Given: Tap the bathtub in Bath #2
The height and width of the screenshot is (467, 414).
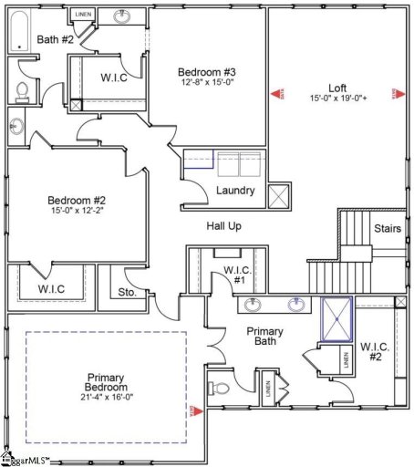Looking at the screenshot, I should [18, 33].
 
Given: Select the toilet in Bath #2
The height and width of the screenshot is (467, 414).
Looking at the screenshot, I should [23, 90].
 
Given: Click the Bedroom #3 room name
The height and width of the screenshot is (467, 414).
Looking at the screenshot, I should [208, 73].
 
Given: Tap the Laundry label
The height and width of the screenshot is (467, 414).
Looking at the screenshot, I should [234, 192].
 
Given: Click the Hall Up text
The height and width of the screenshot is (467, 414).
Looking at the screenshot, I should [223, 225].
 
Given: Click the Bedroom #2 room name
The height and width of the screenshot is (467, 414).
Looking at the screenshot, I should [78, 201].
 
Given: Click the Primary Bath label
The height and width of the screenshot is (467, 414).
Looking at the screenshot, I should [265, 337].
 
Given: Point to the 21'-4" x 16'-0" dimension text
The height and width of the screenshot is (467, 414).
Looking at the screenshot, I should [106, 396].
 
